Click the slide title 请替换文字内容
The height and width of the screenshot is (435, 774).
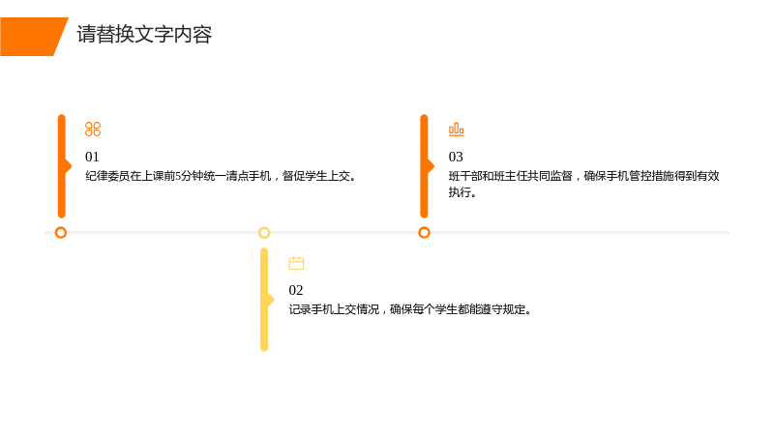(x=144, y=35)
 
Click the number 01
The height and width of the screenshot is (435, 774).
(x=92, y=157)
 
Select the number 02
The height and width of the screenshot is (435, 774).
(x=296, y=290)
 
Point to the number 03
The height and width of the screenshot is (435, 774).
(x=456, y=157)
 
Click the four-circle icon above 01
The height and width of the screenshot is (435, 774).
(x=93, y=130)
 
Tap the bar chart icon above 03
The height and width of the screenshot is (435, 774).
(x=456, y=130)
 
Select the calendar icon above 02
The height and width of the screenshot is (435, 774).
(x=296, y=263)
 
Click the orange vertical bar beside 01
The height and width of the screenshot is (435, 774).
(x=62, y=166)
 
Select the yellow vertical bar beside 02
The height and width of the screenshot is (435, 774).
(x=264, y=300)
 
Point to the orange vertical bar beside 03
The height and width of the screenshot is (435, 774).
(x=424, y=166)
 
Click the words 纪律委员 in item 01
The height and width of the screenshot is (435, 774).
(x=107, y=176)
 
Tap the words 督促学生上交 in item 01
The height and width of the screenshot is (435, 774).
(x=316, y=176)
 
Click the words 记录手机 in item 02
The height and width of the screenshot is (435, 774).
(x=312, y=309)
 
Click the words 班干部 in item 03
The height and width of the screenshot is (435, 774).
(x=465, y=176)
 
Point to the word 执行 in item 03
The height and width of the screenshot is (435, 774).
(x=460, y=192)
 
